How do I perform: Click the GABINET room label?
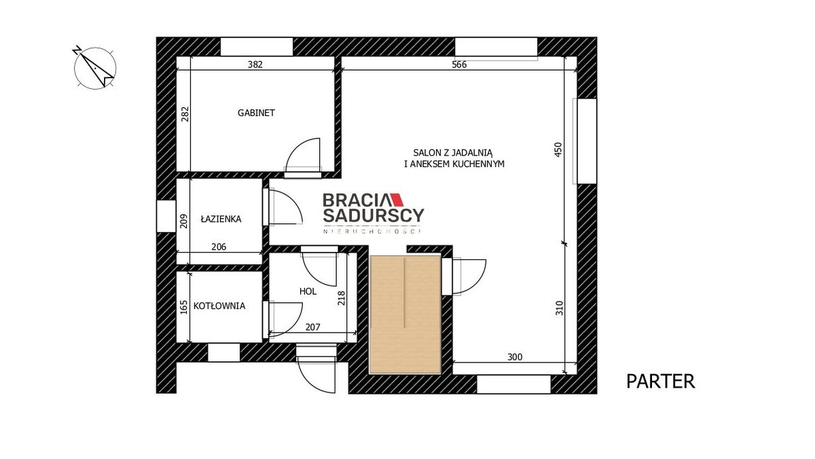256,113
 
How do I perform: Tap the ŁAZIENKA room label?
221,219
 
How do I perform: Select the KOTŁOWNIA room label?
219,306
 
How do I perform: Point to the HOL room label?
308,291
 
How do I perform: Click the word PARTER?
660,382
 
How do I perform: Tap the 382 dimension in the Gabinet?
255,65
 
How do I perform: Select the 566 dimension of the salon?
459,65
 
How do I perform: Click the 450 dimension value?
558,149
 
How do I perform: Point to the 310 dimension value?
559,308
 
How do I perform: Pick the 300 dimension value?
515,356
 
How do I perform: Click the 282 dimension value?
185,113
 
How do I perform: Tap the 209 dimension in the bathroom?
184,221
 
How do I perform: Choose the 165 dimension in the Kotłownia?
184,307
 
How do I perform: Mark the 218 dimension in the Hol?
341,298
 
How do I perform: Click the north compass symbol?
95,68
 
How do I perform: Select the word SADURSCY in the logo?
374,215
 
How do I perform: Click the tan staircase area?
405,314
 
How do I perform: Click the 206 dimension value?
219,247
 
